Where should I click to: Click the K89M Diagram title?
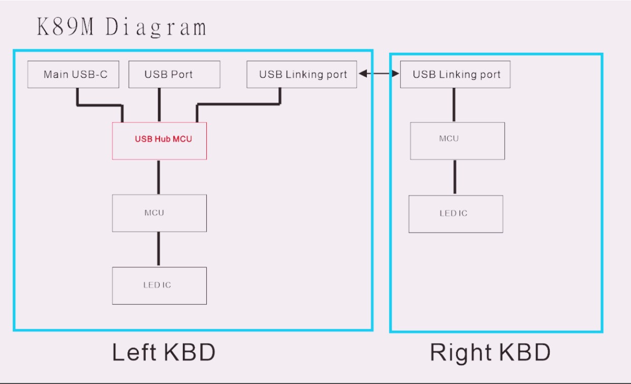pyautogui.click(x=122, y=27)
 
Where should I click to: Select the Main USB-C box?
pyautogui.click(x=73, y=74)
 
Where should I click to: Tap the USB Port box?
pyautogui.click(x=174, y=74)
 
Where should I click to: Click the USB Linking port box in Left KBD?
pyautogui.click(x=302, y=74)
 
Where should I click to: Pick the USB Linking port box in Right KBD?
pyautogui.click(x=455, y=74)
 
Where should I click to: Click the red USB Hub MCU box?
pyautogui.click(x=160, y=141)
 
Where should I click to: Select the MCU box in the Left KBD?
pyautogui.click(x=160, y=213)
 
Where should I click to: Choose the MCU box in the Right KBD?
pyautogui.click(x=457, y=141)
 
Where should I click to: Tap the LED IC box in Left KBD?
pyautogui.click(x=160, y=285)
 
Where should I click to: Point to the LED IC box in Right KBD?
pyautogui.click(x=456, y=214)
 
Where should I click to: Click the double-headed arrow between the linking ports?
pyautogui.click(x=379, y=74)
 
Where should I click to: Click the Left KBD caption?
pyautogui.click(x=164, y=352)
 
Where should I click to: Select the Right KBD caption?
pyautogui.click(x=490, y=353)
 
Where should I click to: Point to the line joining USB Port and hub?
pyautogui.click(x=159, y=105)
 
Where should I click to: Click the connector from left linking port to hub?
pyautogui.click(x=239, y=104)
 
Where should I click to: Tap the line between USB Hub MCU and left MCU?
pyautogui.click(x=159, y=177)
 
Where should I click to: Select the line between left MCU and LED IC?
pyautogui.click(x=159, y=249)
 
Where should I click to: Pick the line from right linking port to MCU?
pyautogui.click(x=454, y=105)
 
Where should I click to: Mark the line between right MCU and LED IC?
pyautogui.click(x=455, y=177)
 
